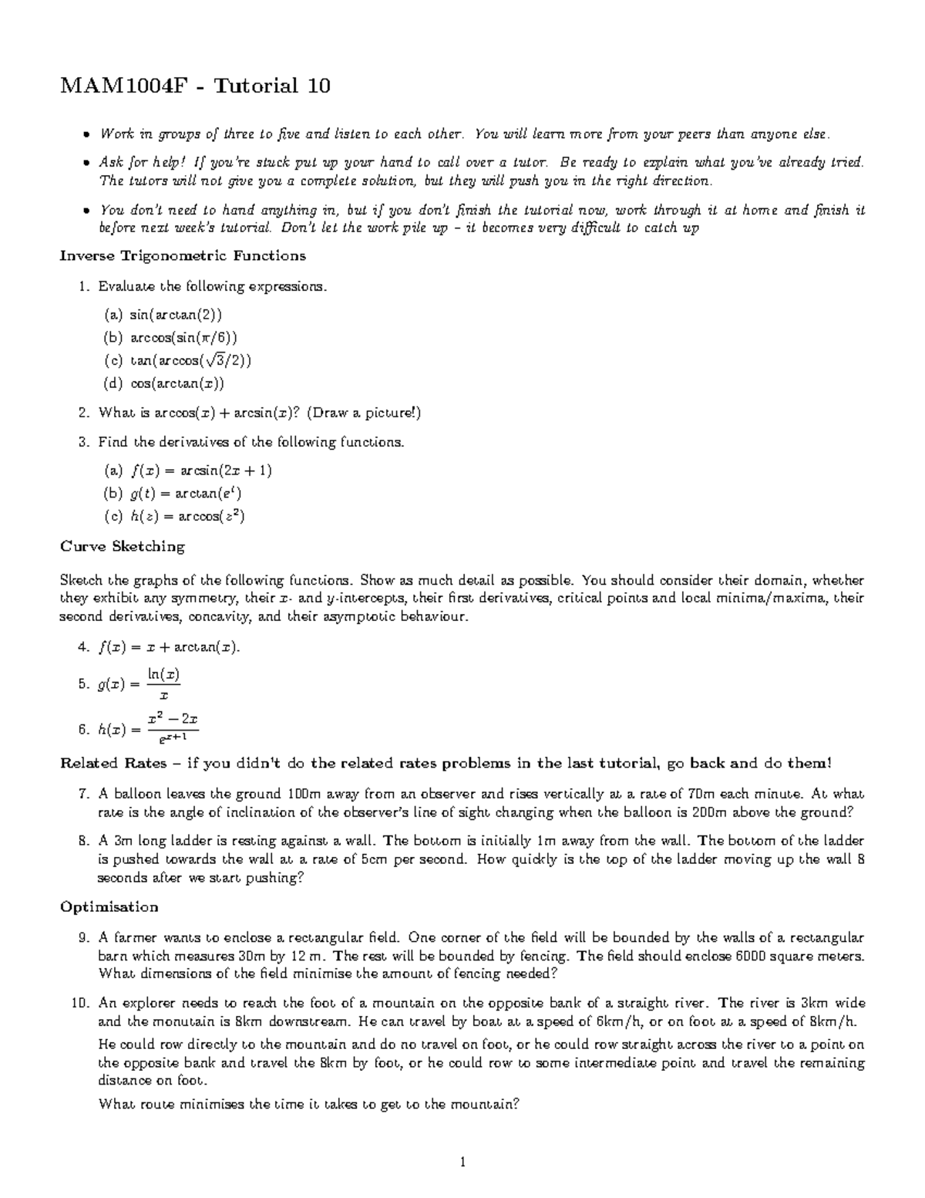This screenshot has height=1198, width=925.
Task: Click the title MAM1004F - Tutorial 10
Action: click(195, 86)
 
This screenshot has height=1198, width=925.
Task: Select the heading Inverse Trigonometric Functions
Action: click(183, 255)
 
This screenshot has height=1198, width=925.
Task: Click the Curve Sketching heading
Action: click(123, 547)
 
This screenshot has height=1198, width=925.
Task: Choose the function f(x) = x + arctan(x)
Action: click(170, 648)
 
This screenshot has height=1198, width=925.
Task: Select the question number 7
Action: click(84, 793)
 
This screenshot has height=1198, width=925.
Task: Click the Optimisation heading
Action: click(109, 906)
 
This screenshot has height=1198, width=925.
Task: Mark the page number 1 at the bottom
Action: click(462, 1163)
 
